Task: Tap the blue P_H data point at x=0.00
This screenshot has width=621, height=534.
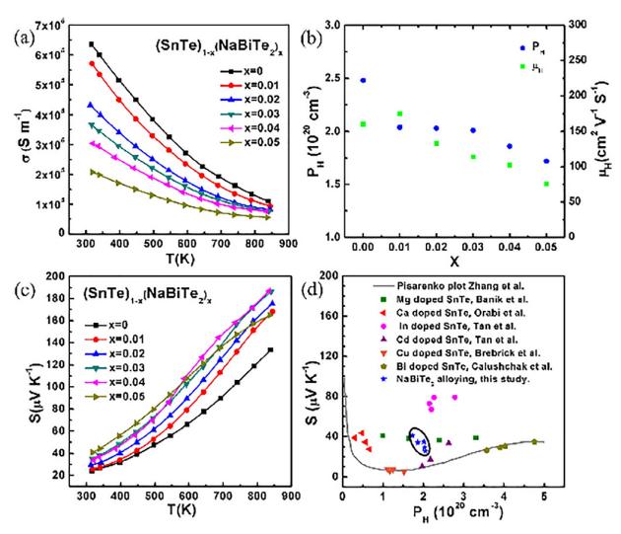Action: [x=364, y=80]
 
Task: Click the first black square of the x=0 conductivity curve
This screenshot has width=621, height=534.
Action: [x=92, y=44]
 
